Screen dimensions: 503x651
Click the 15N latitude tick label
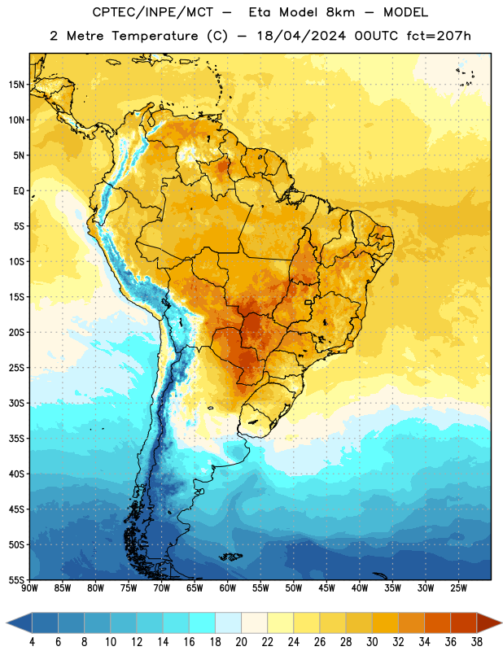click(x=16, y=85)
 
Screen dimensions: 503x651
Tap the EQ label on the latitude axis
click(x=19, y=191)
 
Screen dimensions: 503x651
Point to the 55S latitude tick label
click(x=16, y=579)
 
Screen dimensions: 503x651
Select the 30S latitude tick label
click(x=16, y=403)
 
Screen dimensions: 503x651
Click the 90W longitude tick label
click(x=29, y=588)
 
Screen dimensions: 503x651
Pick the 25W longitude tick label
click(x=458, y=588)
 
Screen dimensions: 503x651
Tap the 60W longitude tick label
click(x=228, y=588)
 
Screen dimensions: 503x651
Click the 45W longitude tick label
click(x=326, y=588)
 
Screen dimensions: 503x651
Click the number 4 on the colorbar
click(x=32, y=642)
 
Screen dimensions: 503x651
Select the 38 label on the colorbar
click(x=477, y=642)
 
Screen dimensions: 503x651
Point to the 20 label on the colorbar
click(x=241, y=642)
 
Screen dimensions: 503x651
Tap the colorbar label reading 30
click(x=372, y=642)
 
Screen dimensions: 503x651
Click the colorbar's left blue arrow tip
click(x=7, y=623)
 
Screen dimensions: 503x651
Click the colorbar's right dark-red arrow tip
click(x=501, y=623)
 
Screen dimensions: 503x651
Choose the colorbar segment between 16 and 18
click(x=202, y=623)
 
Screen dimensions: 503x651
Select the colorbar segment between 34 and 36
click(x=437, y=623)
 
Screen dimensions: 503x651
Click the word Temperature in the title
click(x=155, y=36)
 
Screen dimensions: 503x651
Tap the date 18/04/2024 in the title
click(x=301, y=36)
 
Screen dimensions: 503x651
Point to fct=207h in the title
click(x=439, y=36)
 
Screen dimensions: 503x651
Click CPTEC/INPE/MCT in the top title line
click(x=152, y=12)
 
